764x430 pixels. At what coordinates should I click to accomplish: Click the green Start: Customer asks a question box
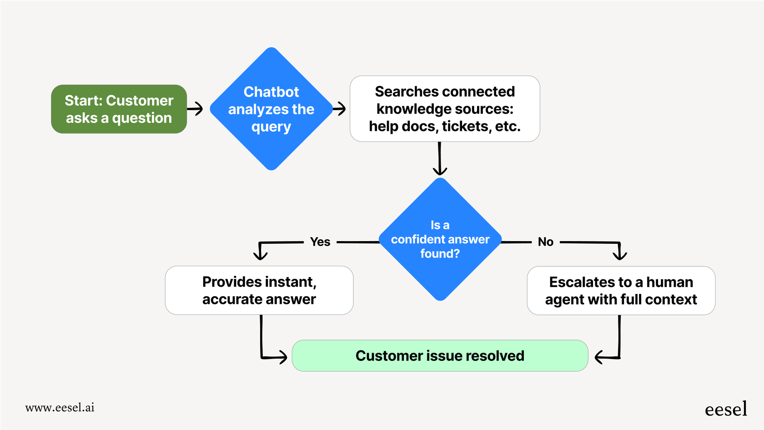click(x=119, y=109)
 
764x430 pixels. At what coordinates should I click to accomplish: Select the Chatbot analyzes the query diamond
click(x=271, y=109)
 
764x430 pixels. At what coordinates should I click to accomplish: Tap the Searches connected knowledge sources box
click(x=444, y=109)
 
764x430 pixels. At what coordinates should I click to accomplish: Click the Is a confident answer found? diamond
click(x=440, y=239)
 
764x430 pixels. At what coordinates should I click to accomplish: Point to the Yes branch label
click(x=320, y=242)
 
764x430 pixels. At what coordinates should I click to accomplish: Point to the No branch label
click(x=545, y=242)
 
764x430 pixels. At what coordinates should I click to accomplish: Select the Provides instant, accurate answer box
click(x=259, y=290)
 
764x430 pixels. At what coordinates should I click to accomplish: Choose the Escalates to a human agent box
click(x=621, y=290)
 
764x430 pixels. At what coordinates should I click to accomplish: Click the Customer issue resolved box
click(x=440, y=355)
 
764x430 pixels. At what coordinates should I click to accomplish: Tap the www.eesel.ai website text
click(x=60, y=407)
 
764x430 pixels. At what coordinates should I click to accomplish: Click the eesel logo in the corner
click(x=726, y=409)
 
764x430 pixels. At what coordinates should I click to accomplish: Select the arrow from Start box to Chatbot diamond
click(x=195, y=108)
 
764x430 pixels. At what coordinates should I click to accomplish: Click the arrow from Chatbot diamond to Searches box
click(x=339, y=108)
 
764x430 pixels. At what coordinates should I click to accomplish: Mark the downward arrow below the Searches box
click(x=439, y=159)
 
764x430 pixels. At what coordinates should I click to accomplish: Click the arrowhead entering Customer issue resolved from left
click(x=282, y=357)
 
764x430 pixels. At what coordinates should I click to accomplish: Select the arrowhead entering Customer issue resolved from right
click(x=600, y=357)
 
